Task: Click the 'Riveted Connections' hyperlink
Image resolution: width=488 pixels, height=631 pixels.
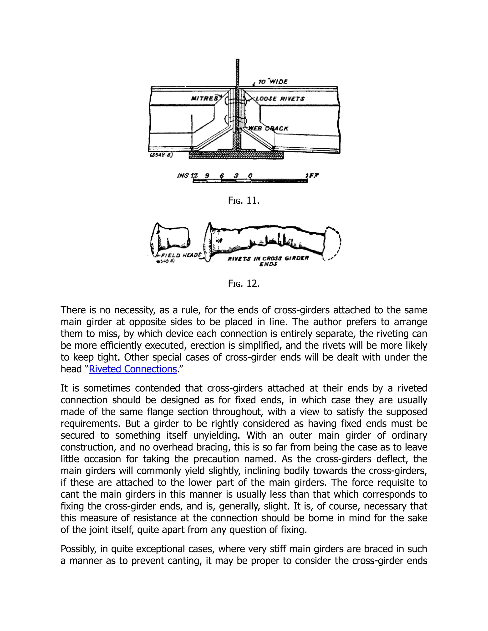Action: [133, 369]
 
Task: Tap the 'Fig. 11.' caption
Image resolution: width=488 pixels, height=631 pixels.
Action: [244, 200]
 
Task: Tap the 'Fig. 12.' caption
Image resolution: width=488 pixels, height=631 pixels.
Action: [244, 283]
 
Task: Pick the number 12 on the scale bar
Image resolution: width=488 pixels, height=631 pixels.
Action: [195, 175]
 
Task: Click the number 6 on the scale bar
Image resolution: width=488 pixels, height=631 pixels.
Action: [222, 175]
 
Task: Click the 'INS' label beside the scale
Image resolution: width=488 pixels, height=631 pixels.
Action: [183, 176]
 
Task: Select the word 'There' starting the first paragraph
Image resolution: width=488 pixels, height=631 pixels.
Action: [73, 310]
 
